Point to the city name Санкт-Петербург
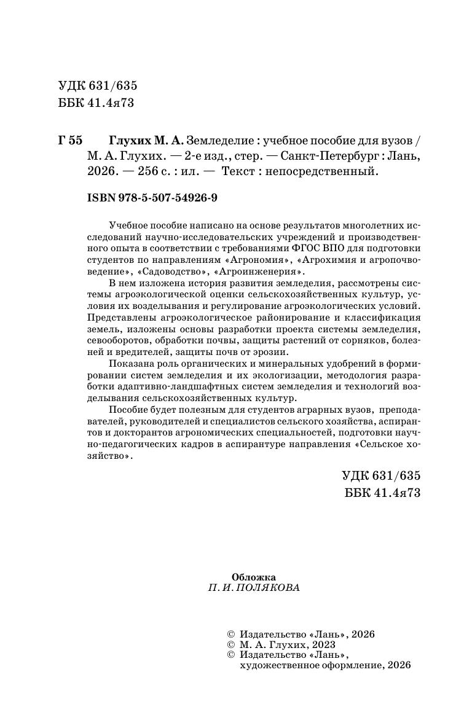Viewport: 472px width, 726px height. [x=320, y=156]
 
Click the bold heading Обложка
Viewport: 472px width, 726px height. [x=253, y=577]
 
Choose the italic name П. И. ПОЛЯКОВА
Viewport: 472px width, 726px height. [x=254, y=588]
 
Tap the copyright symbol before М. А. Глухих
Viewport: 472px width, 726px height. [x=231, y=644]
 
